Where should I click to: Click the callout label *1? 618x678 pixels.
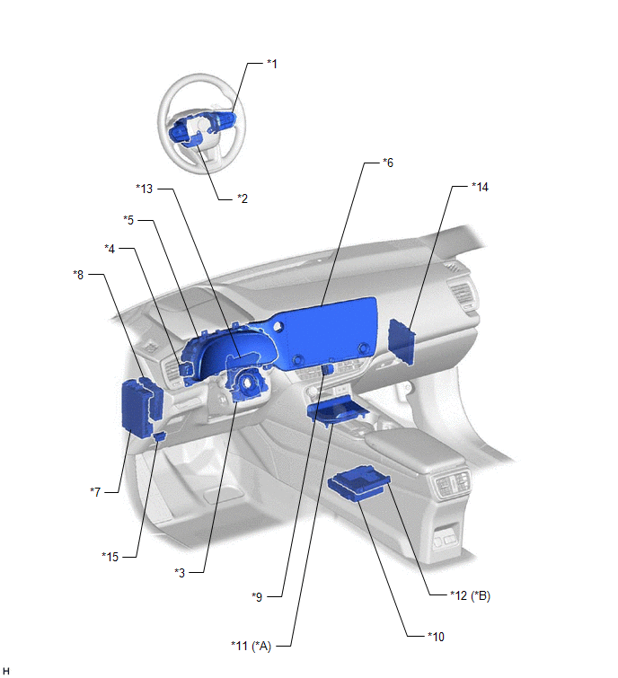271,64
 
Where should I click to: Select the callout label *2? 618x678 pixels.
243,198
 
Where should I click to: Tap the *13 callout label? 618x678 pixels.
144,189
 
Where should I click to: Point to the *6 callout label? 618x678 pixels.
387,163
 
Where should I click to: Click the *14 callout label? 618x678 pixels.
480,187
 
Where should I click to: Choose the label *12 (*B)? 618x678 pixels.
470,595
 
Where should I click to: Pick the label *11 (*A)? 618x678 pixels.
251,646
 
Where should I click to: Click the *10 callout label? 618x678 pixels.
436,637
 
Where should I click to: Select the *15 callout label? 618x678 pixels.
110,557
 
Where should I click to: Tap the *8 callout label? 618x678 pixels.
78,275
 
